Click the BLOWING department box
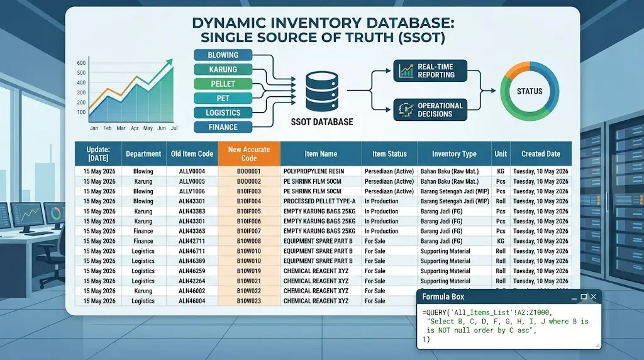tap(223, 55)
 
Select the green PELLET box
tap(223, 84)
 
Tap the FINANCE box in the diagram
tap(223, 127)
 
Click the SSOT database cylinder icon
tap(322, 92)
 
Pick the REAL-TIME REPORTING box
tap(430, 70)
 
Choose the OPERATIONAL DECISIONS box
tap(430, 110)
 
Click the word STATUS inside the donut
tap(530, 91)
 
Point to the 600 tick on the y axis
tap(81, 63)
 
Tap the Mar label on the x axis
tap(121, 128)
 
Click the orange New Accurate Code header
tap(249, 154)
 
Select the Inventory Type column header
tap(454, 154)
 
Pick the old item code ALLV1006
tap(192, 191)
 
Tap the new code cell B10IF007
tap(249, 231)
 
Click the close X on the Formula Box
tap(594, 296)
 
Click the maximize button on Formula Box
tap(584, 296)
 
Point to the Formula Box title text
tap(443, 296)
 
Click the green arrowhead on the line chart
tap(169, 62)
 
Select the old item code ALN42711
tap(192, 241)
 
